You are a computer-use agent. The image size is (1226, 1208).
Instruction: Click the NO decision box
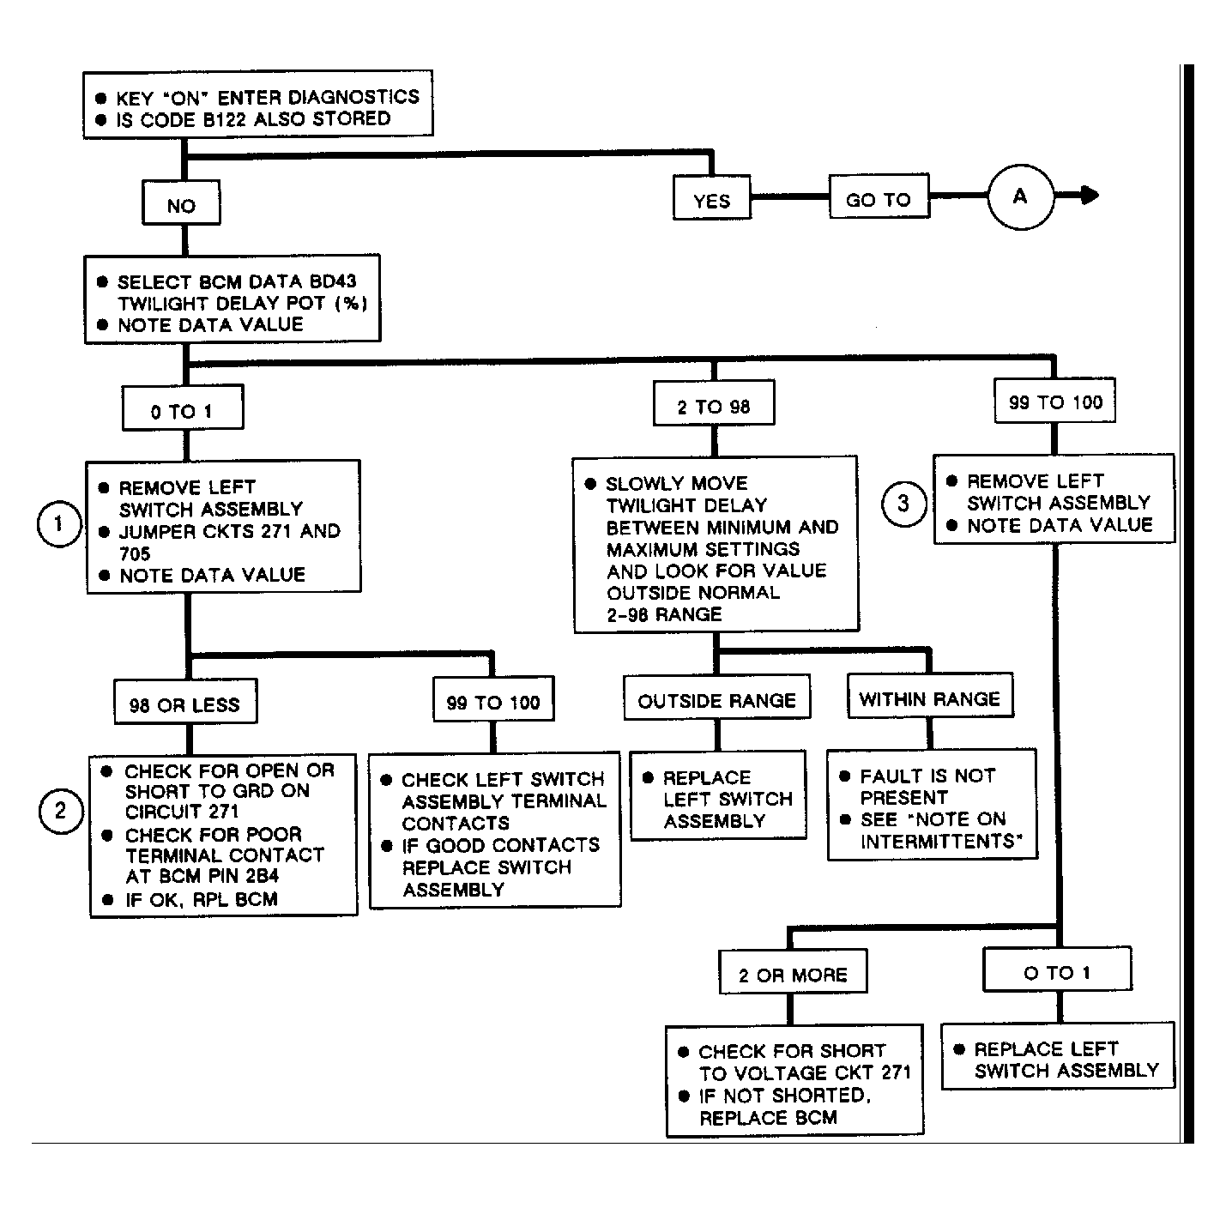pyautogui.click(x=181, y=203)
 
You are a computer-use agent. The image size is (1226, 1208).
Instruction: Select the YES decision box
pyautogui.click(x=712, y=198)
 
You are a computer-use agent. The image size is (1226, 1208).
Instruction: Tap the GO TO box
pyautogui.click(x=879, y=196)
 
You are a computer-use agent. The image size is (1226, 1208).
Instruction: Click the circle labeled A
pyautogui.click(x=1020, y=196)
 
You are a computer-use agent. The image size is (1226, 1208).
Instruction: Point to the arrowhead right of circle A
pyautogui.click(x=1090, y=195)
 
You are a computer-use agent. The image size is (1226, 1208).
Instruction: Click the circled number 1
pyautogui.click(x=60, y=524)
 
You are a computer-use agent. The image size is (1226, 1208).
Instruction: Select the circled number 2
pyautogui.click(x=61, y=811)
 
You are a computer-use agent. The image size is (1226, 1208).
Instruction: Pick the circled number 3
pyautogui.click(x=903, y=504)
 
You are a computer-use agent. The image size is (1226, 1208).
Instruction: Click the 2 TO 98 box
pyautogui.click(x=714, y=403)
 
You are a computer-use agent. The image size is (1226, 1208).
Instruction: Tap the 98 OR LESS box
pyautogui.click(x=186, y=702)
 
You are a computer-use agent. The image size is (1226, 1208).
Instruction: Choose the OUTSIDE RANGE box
pyautogui.click(x=717, y=697)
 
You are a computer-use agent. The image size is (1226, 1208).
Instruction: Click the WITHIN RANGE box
pyautogui.click(x=930, y=695)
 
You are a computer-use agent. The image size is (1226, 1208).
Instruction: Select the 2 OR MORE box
pyautogui.click(x=794, y=972)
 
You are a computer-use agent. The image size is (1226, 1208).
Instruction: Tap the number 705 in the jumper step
pyautogui.click(x=135, y=553)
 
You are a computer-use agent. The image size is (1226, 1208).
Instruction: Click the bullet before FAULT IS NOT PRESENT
pyautogui.click(x=845, y=776)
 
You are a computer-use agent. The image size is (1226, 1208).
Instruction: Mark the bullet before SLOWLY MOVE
pyautogui.click(x=590, y=484)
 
